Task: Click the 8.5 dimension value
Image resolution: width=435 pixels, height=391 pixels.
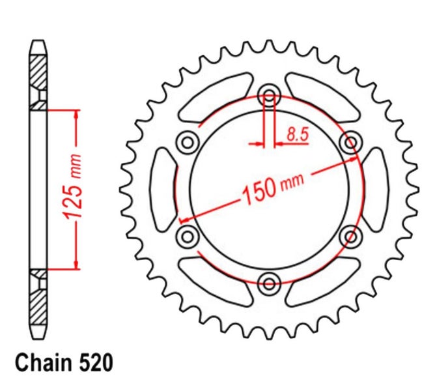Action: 298,134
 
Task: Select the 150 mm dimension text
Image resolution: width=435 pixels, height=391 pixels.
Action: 273,188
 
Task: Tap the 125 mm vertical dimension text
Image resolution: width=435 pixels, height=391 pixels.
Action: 72,186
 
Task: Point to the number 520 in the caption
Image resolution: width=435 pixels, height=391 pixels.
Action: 96,363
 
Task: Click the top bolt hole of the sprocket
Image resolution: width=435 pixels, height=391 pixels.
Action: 269,96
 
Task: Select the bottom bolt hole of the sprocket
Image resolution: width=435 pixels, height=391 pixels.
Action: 269,284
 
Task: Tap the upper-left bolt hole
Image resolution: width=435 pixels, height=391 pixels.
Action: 188,143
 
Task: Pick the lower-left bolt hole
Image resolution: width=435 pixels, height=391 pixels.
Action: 188,237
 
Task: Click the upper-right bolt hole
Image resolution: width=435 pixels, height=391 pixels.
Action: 351,143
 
